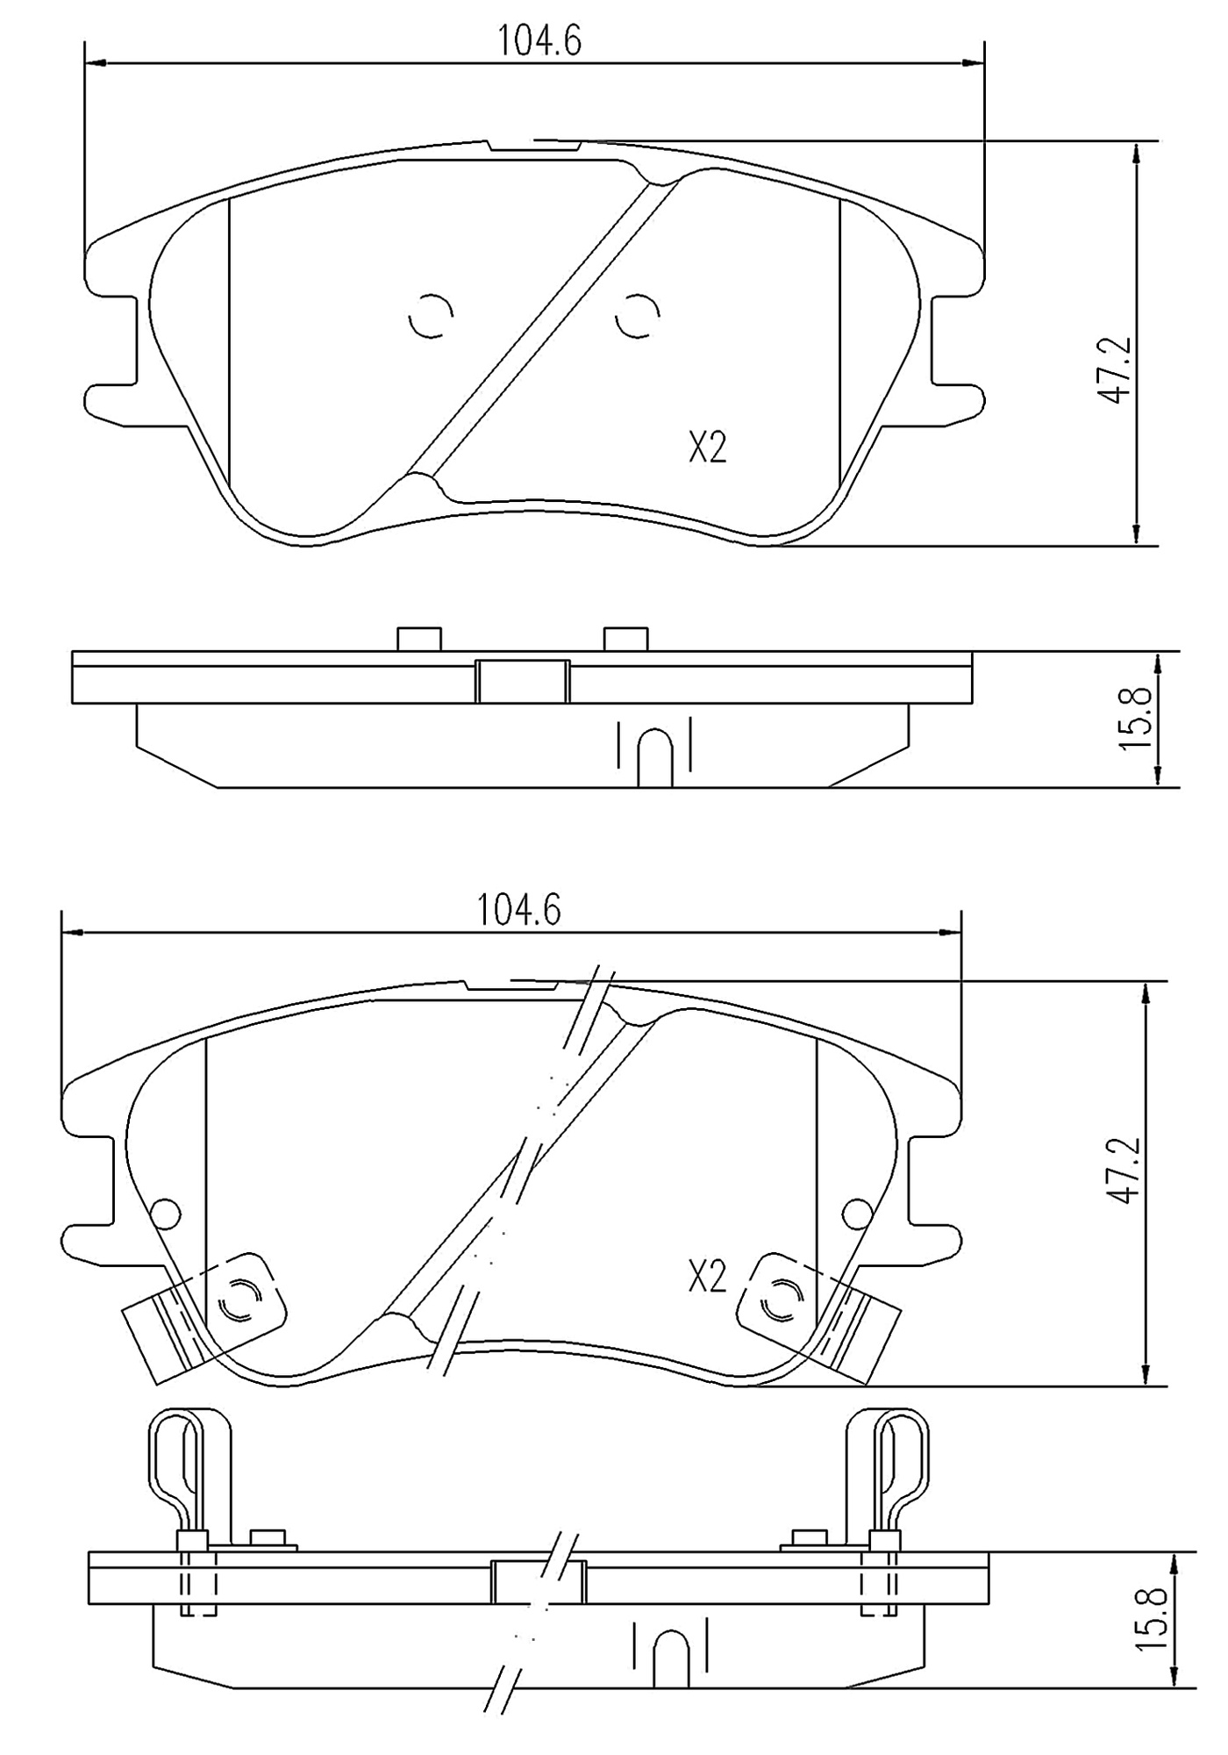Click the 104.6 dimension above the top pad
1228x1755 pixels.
(539, 40)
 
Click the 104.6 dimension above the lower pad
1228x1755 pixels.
(518, 911)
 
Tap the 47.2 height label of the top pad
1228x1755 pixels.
(1116, 369)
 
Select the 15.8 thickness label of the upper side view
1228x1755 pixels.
(1136, 718)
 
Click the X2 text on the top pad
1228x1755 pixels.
(707, 448)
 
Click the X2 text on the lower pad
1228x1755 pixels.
(707, 1278)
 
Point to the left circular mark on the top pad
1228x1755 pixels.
(431, 314)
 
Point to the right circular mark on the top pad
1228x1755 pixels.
(638, 315)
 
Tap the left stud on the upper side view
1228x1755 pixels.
(419, 639)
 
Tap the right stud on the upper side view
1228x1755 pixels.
(626, 639)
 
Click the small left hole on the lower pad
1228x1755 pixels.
(166, 1214)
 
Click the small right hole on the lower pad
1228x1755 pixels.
(857, 1214)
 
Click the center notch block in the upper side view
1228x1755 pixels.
(522, 682)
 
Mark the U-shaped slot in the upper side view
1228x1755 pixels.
(655, 756)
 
